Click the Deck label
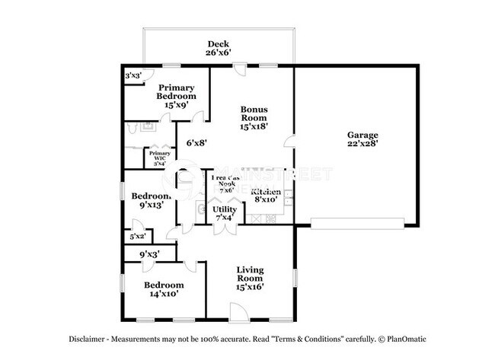click(x=218, y=43)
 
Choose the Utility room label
click(x=224, y=209)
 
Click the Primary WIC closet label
click(x=160, y=155)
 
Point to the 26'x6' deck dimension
click(x=218, y=53)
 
